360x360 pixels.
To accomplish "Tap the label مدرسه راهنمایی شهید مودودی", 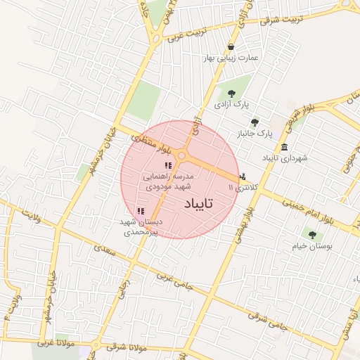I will click(169, 181).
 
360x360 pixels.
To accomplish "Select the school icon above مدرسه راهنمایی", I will click(167, 165).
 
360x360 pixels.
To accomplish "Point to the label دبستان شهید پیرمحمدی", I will click(140, 226).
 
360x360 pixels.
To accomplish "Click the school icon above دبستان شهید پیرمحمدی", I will click(141, 210).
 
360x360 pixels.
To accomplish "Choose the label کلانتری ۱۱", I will click(245, 188).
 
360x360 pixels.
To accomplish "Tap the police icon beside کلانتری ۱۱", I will click(243, 176).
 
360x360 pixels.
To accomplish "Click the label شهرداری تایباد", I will click(285, 159).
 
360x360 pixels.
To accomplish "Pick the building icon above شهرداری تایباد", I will click(284, 147).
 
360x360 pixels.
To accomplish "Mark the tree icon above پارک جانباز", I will click(255, 122).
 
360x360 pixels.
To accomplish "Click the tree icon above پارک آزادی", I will click(229, 91).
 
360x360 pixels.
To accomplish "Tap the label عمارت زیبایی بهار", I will click(231, 58).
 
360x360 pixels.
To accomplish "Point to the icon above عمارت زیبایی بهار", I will click(231, 47).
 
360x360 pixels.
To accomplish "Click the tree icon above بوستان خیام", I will click(312, 235).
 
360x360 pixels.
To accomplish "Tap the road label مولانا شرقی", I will click(127, 347).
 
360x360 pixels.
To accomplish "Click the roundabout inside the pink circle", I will click(182, 156).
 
